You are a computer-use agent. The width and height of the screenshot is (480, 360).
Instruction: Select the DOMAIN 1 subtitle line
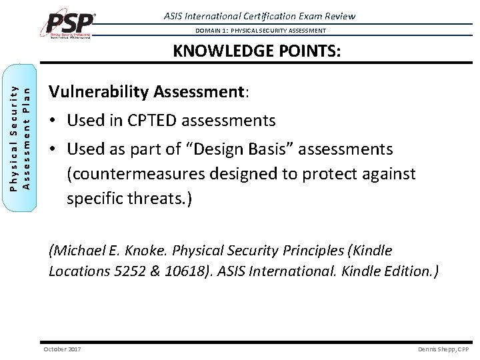[261, 31]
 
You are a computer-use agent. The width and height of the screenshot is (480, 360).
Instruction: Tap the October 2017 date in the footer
[62, 349]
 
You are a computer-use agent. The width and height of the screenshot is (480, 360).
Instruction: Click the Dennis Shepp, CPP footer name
[443, 349]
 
